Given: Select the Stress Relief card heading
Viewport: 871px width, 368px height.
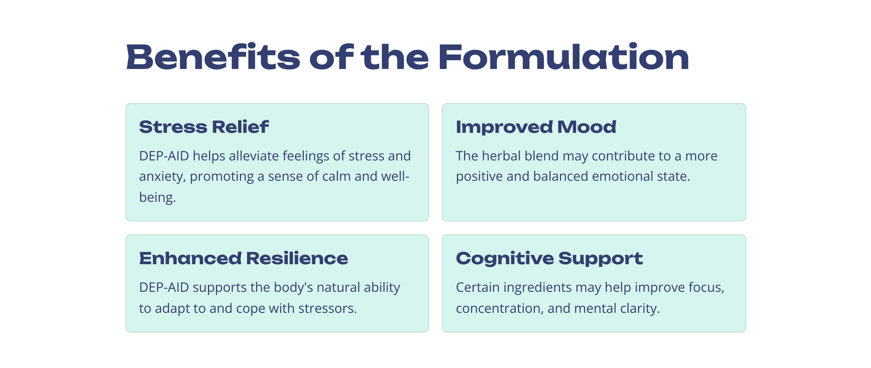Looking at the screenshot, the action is click(x=204, y=127).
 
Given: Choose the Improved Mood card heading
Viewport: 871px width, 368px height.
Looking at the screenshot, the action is click(x=536, y=127).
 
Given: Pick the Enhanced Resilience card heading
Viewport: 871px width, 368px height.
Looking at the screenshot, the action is click(x=243, y=258).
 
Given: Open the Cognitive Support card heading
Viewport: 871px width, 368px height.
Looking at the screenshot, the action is click(x=549, y=259).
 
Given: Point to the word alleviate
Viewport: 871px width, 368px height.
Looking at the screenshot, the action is click(x=253, y=156).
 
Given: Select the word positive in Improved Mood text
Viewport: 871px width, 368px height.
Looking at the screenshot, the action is click(x=479, y=177).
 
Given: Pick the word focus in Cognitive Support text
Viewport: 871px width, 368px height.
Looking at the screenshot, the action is click(x=704, y=288).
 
